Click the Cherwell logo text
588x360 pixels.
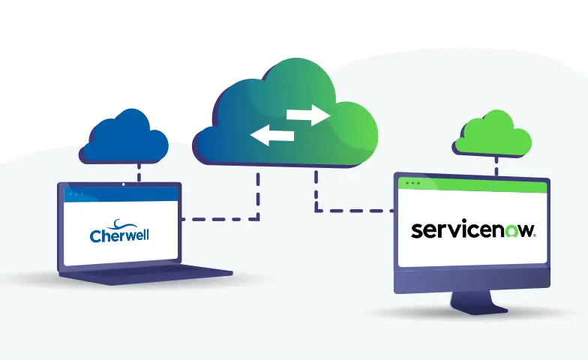[x=119, y=235]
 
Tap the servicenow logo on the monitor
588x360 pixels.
[x=473, y=229]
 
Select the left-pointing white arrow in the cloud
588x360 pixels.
[x=271, y=136]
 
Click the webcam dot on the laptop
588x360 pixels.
[x=123, y=184]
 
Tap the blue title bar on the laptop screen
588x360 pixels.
[x=120, y=194]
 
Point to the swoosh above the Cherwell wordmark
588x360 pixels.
[x=120, y=223]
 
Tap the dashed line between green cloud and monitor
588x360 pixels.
[x=496, y=166]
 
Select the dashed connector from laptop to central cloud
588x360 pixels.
[x=225, y=219]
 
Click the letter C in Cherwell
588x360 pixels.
[x=95, y=236]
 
